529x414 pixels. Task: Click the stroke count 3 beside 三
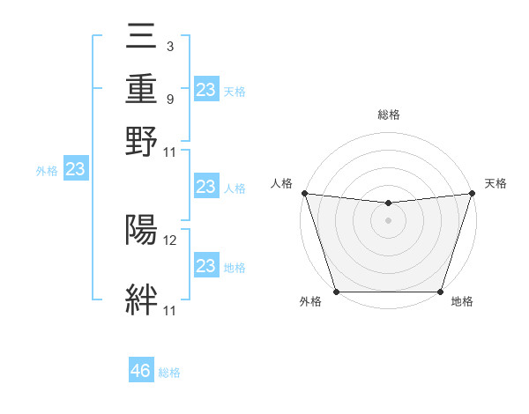[x=169, y=45]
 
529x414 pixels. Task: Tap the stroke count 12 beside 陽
[x=171, y=239]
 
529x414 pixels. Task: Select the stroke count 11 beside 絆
[x=171, y=310]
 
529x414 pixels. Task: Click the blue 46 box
[x=141, y=371]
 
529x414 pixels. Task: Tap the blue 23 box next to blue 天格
[x=205, y=90]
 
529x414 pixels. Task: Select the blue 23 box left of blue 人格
[x=205, y=187]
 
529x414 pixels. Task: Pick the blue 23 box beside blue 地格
[x=205, y=266]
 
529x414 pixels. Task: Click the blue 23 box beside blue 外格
[x=75, y=170]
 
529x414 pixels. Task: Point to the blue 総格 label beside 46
[x=169, y=373]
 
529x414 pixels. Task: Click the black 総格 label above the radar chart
[x=388, y=115]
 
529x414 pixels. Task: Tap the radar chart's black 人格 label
[x=282, y=183]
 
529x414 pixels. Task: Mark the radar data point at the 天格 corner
[x=472, y=193]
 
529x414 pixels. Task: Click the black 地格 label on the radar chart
[x=462, y=302]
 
